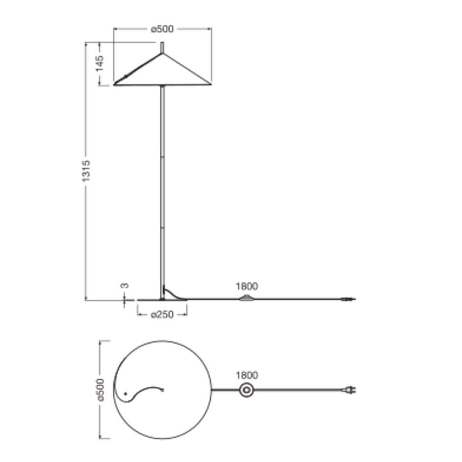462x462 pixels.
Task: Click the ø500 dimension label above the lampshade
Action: click(x=162, y=29)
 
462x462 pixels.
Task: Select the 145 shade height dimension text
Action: click(x=100, y=63)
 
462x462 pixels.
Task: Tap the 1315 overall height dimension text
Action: click(x=86, y=171)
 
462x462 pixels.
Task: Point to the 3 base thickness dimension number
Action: click(x=125, y=286)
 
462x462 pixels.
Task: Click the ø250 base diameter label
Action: click(x=162, y=315)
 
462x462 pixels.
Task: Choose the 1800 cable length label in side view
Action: click(x=247, y=286)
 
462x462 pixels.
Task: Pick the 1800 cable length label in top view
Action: click(x=247, y=375)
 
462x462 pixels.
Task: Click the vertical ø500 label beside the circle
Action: click(x=100, y=390)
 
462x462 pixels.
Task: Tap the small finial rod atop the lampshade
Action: click(x=162, y=48)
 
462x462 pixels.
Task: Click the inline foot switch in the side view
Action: click(x=246, y=298)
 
